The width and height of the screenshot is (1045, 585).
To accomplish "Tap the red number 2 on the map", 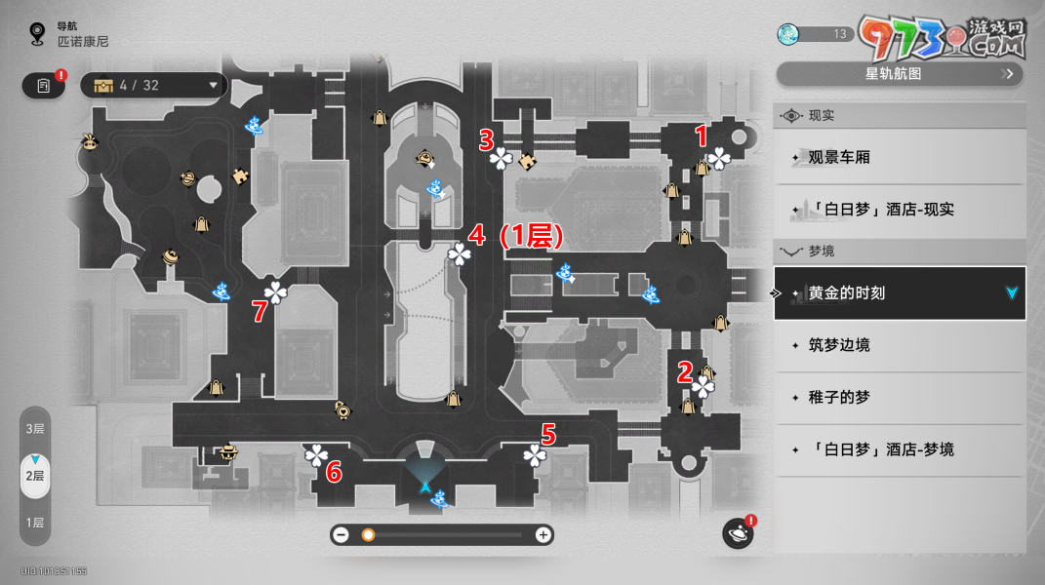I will (x=685, y=371).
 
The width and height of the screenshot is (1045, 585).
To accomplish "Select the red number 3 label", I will (x=486, y=140).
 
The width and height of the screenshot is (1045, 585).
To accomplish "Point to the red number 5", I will (x=548, y=434).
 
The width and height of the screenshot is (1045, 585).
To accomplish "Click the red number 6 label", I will (x=334, y=473).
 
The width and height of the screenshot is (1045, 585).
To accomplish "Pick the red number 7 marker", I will (x=260, y=311).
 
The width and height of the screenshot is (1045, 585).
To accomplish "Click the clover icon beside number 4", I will (x=459, y=254).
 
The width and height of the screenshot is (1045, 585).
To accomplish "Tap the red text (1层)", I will (x=530, y=237).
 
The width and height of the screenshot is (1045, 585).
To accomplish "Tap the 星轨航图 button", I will (x=899, y=73).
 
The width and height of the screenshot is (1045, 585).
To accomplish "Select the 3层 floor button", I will (x=35, y=429).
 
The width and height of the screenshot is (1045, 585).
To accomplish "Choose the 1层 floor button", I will (x=35, y=523).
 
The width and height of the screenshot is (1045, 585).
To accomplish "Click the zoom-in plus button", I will (x=543, y=534).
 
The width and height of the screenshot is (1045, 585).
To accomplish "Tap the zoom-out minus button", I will (x=342, y=534).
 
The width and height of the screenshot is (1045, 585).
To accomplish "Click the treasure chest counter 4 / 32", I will (x=152, y=85).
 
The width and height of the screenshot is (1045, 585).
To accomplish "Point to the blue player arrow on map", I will (x=425, y=486).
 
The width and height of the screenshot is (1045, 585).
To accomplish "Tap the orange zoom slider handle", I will (x=368, y=534).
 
